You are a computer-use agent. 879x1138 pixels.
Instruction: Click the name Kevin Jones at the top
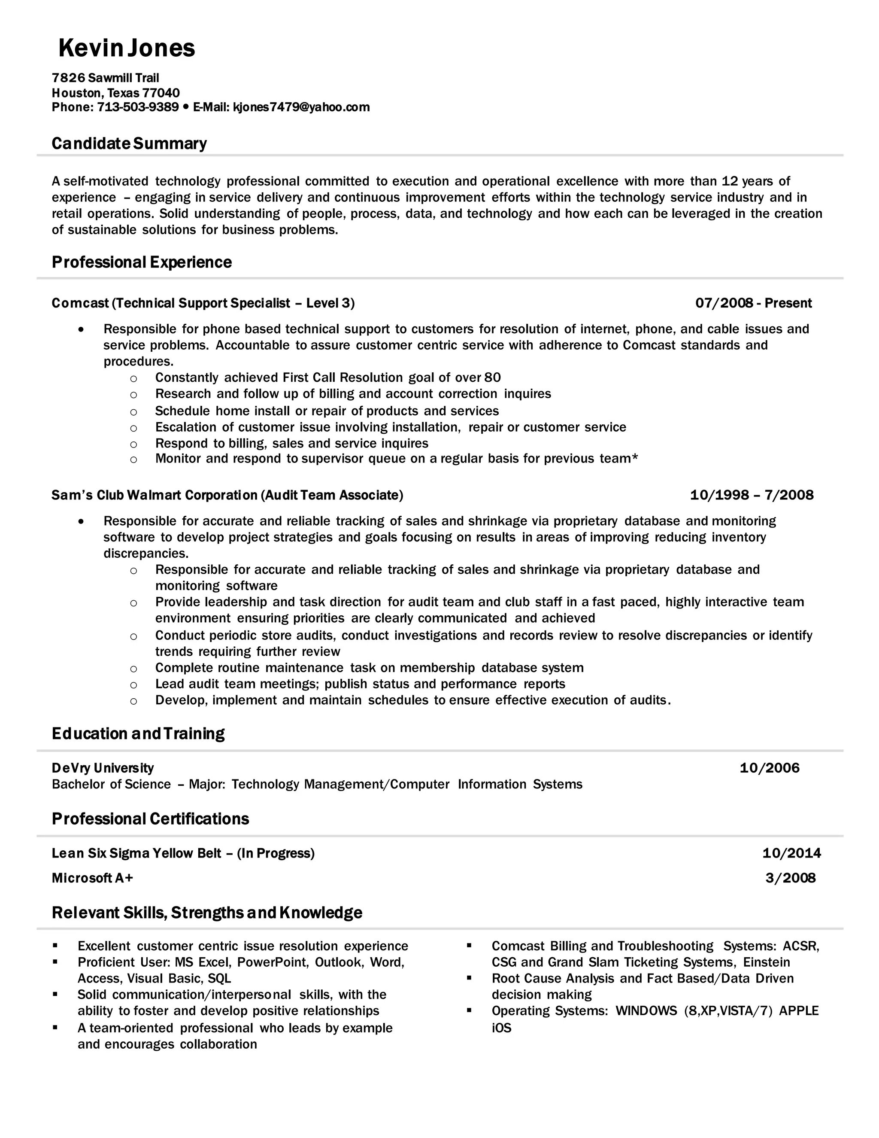pos(127,48)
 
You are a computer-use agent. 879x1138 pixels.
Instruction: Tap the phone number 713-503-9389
pos(138,107)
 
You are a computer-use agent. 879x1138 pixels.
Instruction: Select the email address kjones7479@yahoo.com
pos(301,107)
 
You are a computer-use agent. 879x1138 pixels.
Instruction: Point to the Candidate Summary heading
pos(129,143)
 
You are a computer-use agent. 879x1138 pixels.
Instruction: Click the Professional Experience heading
pos(142,262)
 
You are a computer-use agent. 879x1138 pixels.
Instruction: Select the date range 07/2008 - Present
pos(754,303)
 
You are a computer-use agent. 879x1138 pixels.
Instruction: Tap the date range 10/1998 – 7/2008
pos(752,495)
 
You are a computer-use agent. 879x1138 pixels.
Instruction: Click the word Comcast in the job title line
pos(80,303)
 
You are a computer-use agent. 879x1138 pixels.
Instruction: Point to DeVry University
pos(103,768)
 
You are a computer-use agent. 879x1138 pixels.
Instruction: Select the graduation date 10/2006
pos(769,768)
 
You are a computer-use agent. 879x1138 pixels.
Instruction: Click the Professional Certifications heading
pos(150,819)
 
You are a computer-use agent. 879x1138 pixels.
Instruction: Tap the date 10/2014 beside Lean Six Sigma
pos(791,853)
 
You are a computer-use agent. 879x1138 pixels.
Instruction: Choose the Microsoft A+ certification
pos(92,878)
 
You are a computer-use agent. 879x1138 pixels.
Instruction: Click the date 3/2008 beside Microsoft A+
pos(791,878)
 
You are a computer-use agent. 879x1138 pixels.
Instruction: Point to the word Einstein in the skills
pos(767,962)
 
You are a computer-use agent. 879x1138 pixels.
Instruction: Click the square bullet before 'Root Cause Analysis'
pos(469,978)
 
